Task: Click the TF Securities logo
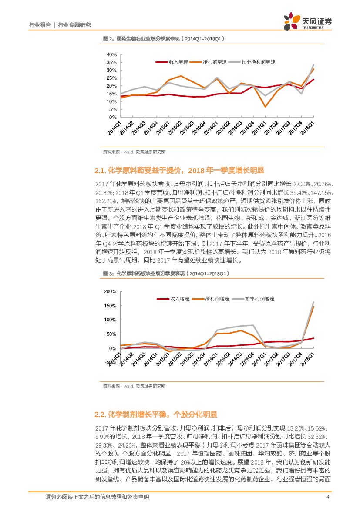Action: coord(307,22)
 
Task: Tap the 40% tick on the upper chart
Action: coord(111,54)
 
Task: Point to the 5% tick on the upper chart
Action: coord(113,109)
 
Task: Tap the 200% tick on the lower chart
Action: coord(110,291)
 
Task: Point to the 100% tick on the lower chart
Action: coord(110,320)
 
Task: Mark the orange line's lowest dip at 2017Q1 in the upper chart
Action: coord(265,107)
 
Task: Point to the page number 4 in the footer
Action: coord(327,497)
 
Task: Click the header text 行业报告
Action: coord(40,25)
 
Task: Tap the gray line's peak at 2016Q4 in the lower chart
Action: coord(253,325)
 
